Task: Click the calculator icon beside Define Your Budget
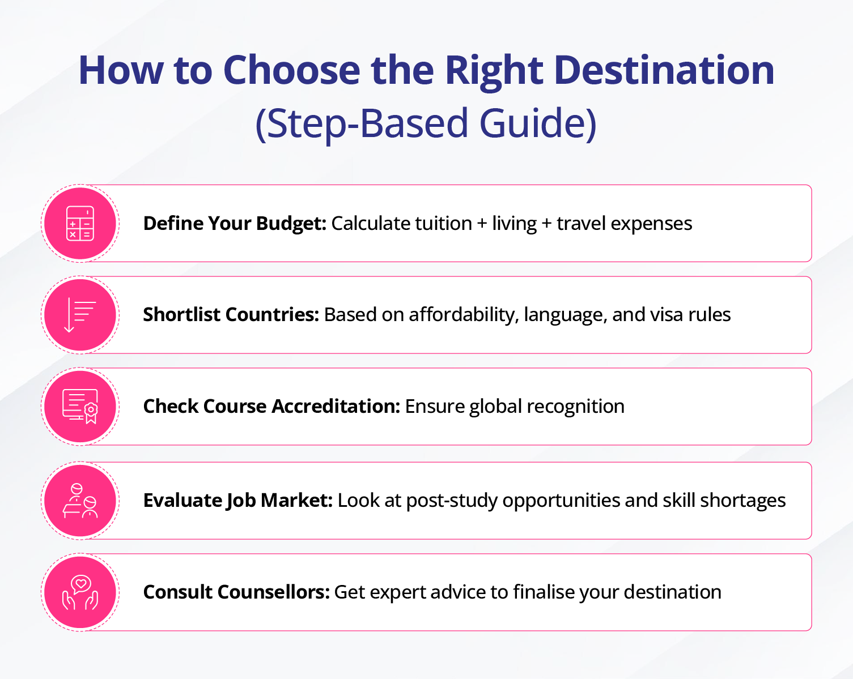(80, 224)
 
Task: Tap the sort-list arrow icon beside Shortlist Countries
(80, 315)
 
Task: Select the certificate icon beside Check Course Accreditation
(80, 407)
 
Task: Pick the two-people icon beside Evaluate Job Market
(80, 501)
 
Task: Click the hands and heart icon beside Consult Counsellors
(80, 592)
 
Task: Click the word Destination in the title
(664, 70)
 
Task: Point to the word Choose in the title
(292, 70)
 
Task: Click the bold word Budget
(291, 224)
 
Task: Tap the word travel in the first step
(582, 223)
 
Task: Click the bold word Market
(296, 501)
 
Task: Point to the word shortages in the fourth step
(743, 501)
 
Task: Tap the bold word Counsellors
(274, 592)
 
